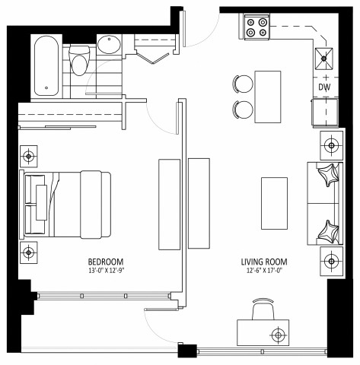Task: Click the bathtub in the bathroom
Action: click(x=47, y=66)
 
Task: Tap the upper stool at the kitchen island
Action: click(x=244, y=84)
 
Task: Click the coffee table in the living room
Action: click(x=273, y=203)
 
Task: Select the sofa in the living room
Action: click(x=324, y=204)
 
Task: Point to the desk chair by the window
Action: click(x=263, y=310)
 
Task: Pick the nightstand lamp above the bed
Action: click(x=29, y=157)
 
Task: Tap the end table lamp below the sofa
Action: click(x=333, y=259)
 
